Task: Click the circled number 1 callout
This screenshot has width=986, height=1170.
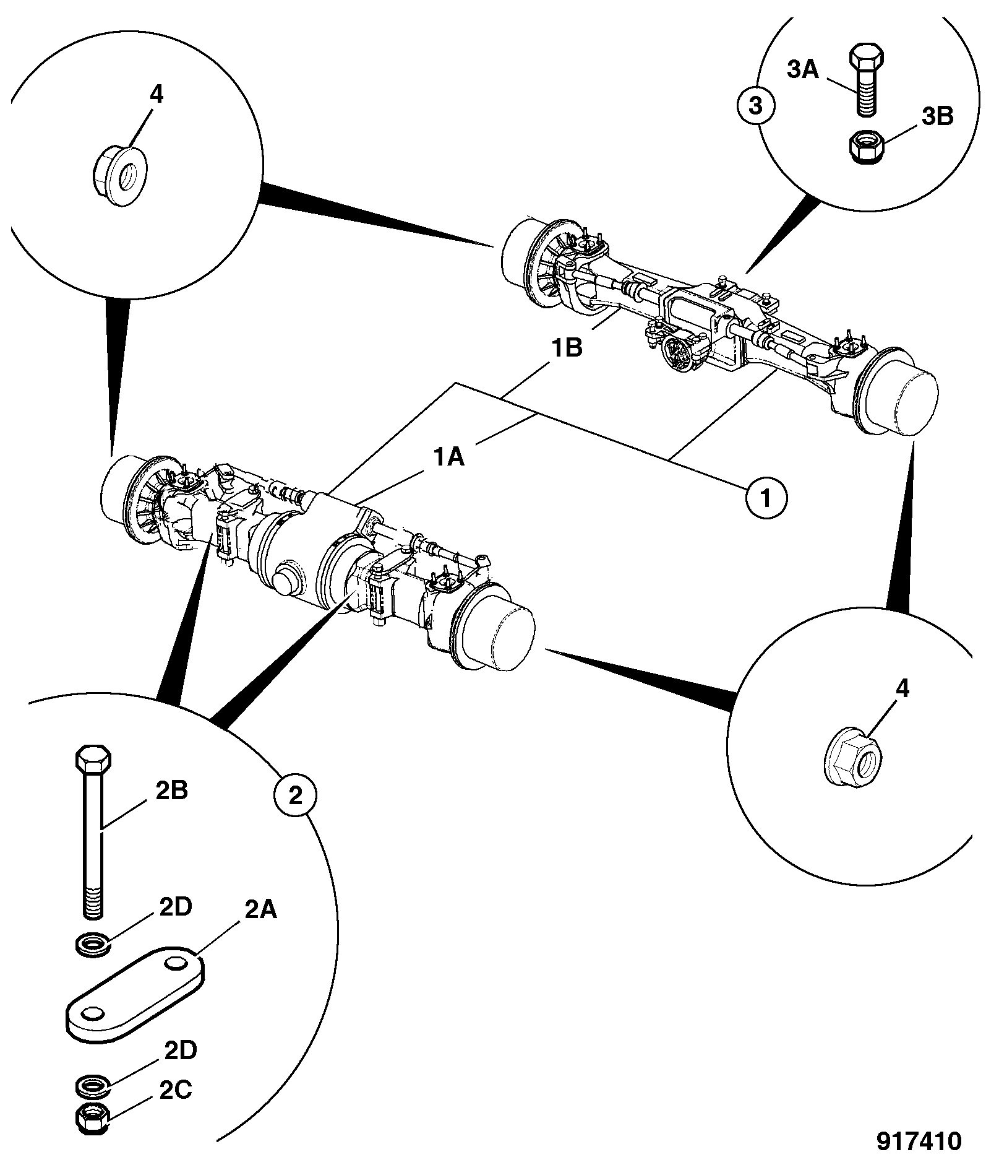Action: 766,497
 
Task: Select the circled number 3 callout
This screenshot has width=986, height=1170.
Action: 755,106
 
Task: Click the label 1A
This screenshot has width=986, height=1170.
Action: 448,457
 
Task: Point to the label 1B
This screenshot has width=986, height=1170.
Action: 567,349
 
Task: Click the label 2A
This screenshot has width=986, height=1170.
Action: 260,909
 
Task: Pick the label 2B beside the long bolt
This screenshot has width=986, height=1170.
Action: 171,791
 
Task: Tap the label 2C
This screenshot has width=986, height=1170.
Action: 175,1107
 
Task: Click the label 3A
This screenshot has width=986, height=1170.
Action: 803,70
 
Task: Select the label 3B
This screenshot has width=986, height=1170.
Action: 937,116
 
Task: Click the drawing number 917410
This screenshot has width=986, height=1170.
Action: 919,1141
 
